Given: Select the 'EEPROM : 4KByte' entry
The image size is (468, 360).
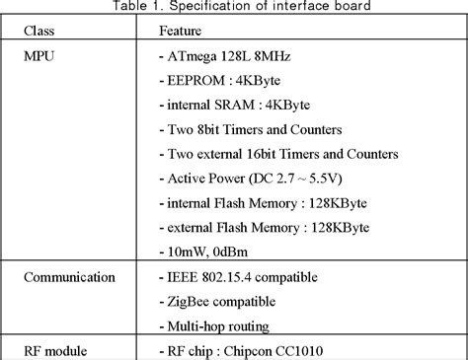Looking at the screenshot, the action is (x=222, y=81).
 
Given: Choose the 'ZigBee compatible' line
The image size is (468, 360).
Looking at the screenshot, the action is (x=223, y=301).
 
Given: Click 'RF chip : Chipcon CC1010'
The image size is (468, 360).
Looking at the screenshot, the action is (x=247, y=349).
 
